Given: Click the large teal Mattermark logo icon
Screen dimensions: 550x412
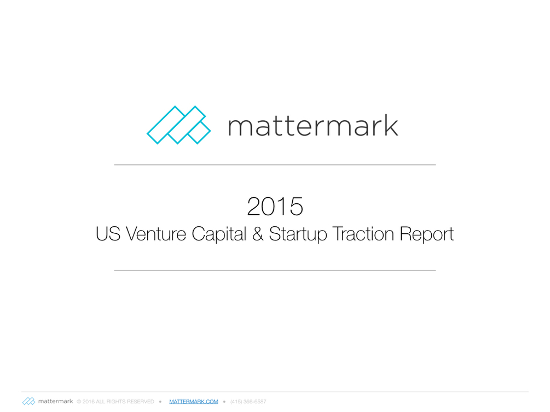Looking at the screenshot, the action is [x=178, y=125].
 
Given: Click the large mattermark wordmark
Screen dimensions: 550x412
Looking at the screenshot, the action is [x=313, y=125].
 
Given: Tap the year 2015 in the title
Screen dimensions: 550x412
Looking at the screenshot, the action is [x=275, y=207].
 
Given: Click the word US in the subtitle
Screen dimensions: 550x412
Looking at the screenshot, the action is [x=108, y=234].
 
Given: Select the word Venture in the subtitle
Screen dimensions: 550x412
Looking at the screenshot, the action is [x=156, y=234].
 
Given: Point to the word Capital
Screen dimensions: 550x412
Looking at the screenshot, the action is [x=219, y=234].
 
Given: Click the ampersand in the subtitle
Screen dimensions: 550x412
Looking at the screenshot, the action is [x=258, y=234].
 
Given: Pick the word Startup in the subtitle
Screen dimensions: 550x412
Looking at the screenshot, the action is [x=298, y=234].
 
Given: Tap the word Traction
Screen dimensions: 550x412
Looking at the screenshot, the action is [x=363, y=234].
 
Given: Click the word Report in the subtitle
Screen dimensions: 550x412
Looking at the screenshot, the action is [x=427, y=234].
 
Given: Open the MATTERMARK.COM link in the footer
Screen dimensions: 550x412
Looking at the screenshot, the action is [x=194, y=402].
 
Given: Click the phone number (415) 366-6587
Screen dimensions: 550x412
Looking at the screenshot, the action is [x=248, y=402].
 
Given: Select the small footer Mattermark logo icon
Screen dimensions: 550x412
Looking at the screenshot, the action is [x=29, y=401].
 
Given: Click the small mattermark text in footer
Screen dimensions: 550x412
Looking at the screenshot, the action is [x=55, y=401].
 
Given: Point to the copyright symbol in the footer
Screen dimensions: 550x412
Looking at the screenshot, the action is [x=79, y=402].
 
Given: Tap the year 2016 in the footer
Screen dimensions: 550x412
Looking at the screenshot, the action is [x=89, y=402].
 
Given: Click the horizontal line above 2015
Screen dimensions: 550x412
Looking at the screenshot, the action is [x=275, y=164].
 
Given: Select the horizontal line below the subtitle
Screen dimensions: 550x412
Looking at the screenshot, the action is [x=275, y=270].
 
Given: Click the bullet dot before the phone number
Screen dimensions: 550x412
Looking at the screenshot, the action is [x=224, y=402].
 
